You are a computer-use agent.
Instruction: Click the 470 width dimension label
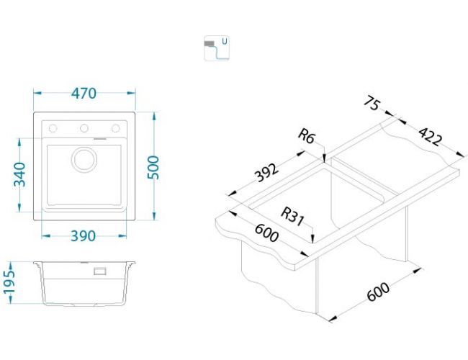coord(84,94)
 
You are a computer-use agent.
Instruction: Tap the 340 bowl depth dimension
coord(19,175)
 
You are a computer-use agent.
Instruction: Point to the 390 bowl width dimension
coord(84,236)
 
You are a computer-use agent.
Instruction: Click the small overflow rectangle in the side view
coord(101,271)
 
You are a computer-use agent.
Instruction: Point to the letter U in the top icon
coord(225,42)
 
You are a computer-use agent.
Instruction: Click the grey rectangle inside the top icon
coord(210,45)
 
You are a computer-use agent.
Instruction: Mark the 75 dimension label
coord(372,104)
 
